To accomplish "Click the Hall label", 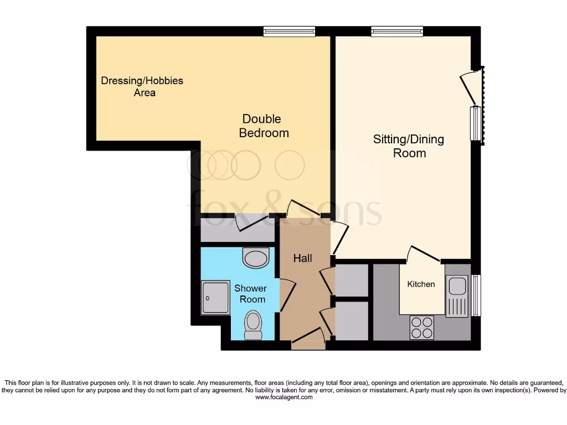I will [302, 258].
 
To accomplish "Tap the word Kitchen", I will [421, 284].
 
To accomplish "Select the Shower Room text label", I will [250, 294].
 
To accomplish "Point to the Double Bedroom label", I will [264, 126].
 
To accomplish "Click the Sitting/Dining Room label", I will [409, 146].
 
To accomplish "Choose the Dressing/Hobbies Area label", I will [142, 87].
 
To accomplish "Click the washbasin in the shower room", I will [255, 257].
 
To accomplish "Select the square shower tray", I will [215, 297].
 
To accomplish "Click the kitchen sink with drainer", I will [457, 296].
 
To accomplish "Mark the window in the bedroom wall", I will [289, 32].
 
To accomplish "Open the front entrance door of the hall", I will [308, 339].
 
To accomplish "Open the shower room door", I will [287, 294].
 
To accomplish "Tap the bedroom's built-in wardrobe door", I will [252, 223].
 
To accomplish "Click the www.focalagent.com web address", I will [283, 397].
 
